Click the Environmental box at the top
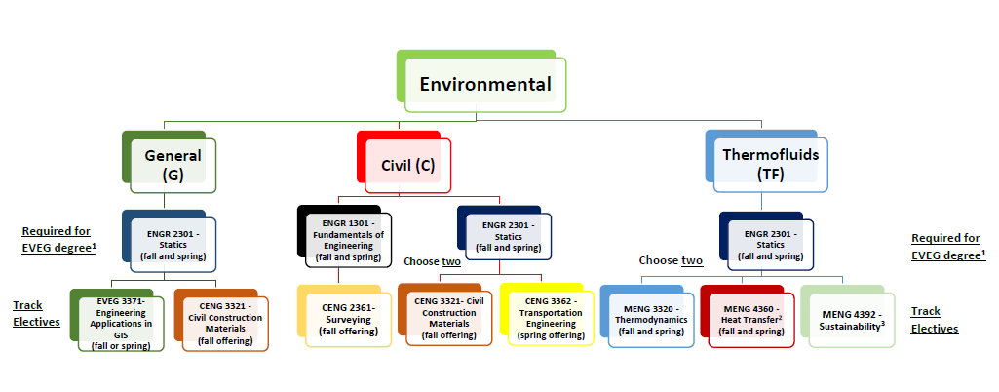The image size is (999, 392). (481, 81)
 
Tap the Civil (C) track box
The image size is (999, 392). (403, 162)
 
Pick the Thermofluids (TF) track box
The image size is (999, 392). (766, 161)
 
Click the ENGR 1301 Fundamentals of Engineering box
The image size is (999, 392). (344, 237)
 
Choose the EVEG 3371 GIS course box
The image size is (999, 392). (117, 320)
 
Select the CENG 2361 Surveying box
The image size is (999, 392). (344, 316)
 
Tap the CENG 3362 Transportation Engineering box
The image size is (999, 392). (547, 315)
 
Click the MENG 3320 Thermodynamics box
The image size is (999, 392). (647, 316)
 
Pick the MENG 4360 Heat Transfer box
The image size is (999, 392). (748, 316)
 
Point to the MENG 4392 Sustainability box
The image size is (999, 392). (847, 316)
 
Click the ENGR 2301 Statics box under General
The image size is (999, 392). (169, 241)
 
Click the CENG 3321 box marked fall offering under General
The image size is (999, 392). (221, 320)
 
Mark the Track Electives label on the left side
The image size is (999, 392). (36, 313)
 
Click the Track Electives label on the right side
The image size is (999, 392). (935, 320)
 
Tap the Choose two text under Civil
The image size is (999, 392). (432, 261)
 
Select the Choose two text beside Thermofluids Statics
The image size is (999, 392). (671, 260)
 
